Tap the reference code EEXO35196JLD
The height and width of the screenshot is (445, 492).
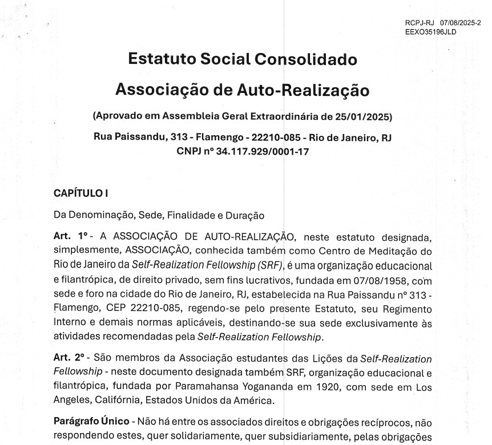(x=430, y=32)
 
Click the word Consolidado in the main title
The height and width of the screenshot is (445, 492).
(x=305, y=59)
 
